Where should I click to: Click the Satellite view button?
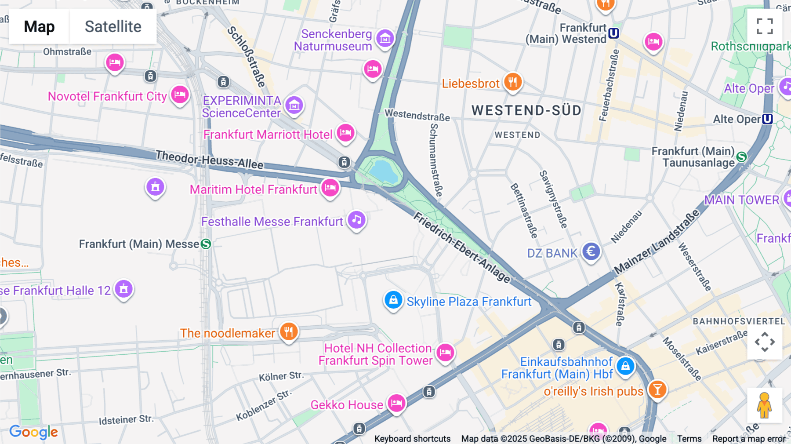click(x=113, y=26)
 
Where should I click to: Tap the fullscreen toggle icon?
click(x=765, y=26)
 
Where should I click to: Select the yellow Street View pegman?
click(x=765, y=405)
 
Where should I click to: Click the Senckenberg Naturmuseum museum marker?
click(x=385, y=39)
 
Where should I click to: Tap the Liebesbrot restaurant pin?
click(x=513, y=82)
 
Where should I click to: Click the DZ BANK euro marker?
click(x=591, y=252)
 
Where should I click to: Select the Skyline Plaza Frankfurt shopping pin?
click(x=393, y=300)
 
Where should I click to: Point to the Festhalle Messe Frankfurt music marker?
click(x=357, y=220)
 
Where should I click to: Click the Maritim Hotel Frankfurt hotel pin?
click(x=330, y=188)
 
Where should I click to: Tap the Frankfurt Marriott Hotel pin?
click(x=345, y=133)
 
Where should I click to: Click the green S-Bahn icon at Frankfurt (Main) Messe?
click(x=206, y=244)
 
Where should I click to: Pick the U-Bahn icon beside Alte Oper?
click(x=767, y=119)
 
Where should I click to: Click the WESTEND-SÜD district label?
click(x=526, y=110)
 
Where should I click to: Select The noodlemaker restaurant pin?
click(x=289, y=332)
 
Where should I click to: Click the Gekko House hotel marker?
click(x=396, y=403)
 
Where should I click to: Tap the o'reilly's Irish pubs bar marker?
click(x=657, y=390)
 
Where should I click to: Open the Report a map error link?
click(x=749, y=439)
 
